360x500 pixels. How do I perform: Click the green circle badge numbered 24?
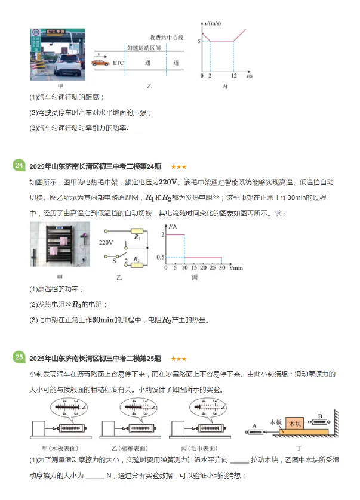point(19,165)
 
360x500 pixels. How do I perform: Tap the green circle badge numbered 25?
point(19,357)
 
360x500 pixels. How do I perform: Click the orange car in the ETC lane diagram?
point(100,62)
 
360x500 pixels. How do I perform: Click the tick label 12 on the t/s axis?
point(233,76)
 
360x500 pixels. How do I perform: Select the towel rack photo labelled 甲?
point(59,245)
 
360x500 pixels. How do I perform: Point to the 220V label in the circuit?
point(106,243)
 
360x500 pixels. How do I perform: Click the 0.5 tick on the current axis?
point(159,257)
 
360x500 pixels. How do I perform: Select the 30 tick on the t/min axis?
point(221,268)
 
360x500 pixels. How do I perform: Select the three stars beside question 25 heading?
point(179,359)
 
